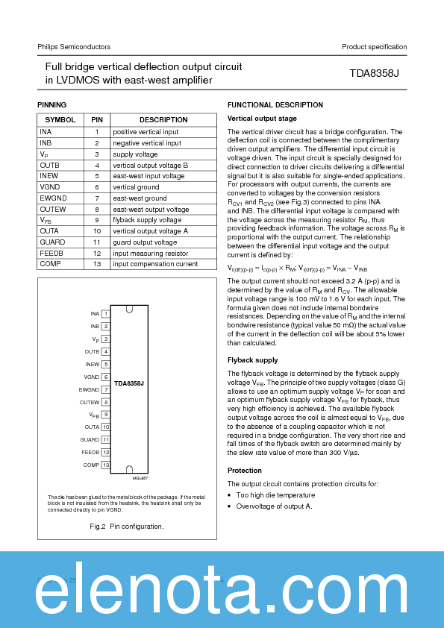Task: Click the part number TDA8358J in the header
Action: tap(375, 74)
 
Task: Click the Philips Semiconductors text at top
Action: tap(74, 47)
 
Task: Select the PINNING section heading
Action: tap(52, 105)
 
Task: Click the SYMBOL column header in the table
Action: tap(60, 120)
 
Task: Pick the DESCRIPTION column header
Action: tap(163, 120)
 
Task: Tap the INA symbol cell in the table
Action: tap(46, 132)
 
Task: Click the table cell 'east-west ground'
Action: tap(140, 198)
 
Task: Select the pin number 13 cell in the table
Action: tap(96, 264)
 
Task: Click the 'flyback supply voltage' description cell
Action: tap(147, 221)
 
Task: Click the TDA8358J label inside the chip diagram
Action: tap(128, 383)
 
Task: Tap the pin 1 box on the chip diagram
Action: tap(106, 314)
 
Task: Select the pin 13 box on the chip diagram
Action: tap(106, 465)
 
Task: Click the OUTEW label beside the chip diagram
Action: tap(90, 402)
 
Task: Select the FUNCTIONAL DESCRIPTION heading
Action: tap(275, 105)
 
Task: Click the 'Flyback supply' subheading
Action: tap(252, 360)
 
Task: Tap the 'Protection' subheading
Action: tap(244, 471)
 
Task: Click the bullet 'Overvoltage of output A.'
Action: tap(274, 506)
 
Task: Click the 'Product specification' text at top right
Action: tap(374, 47)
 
